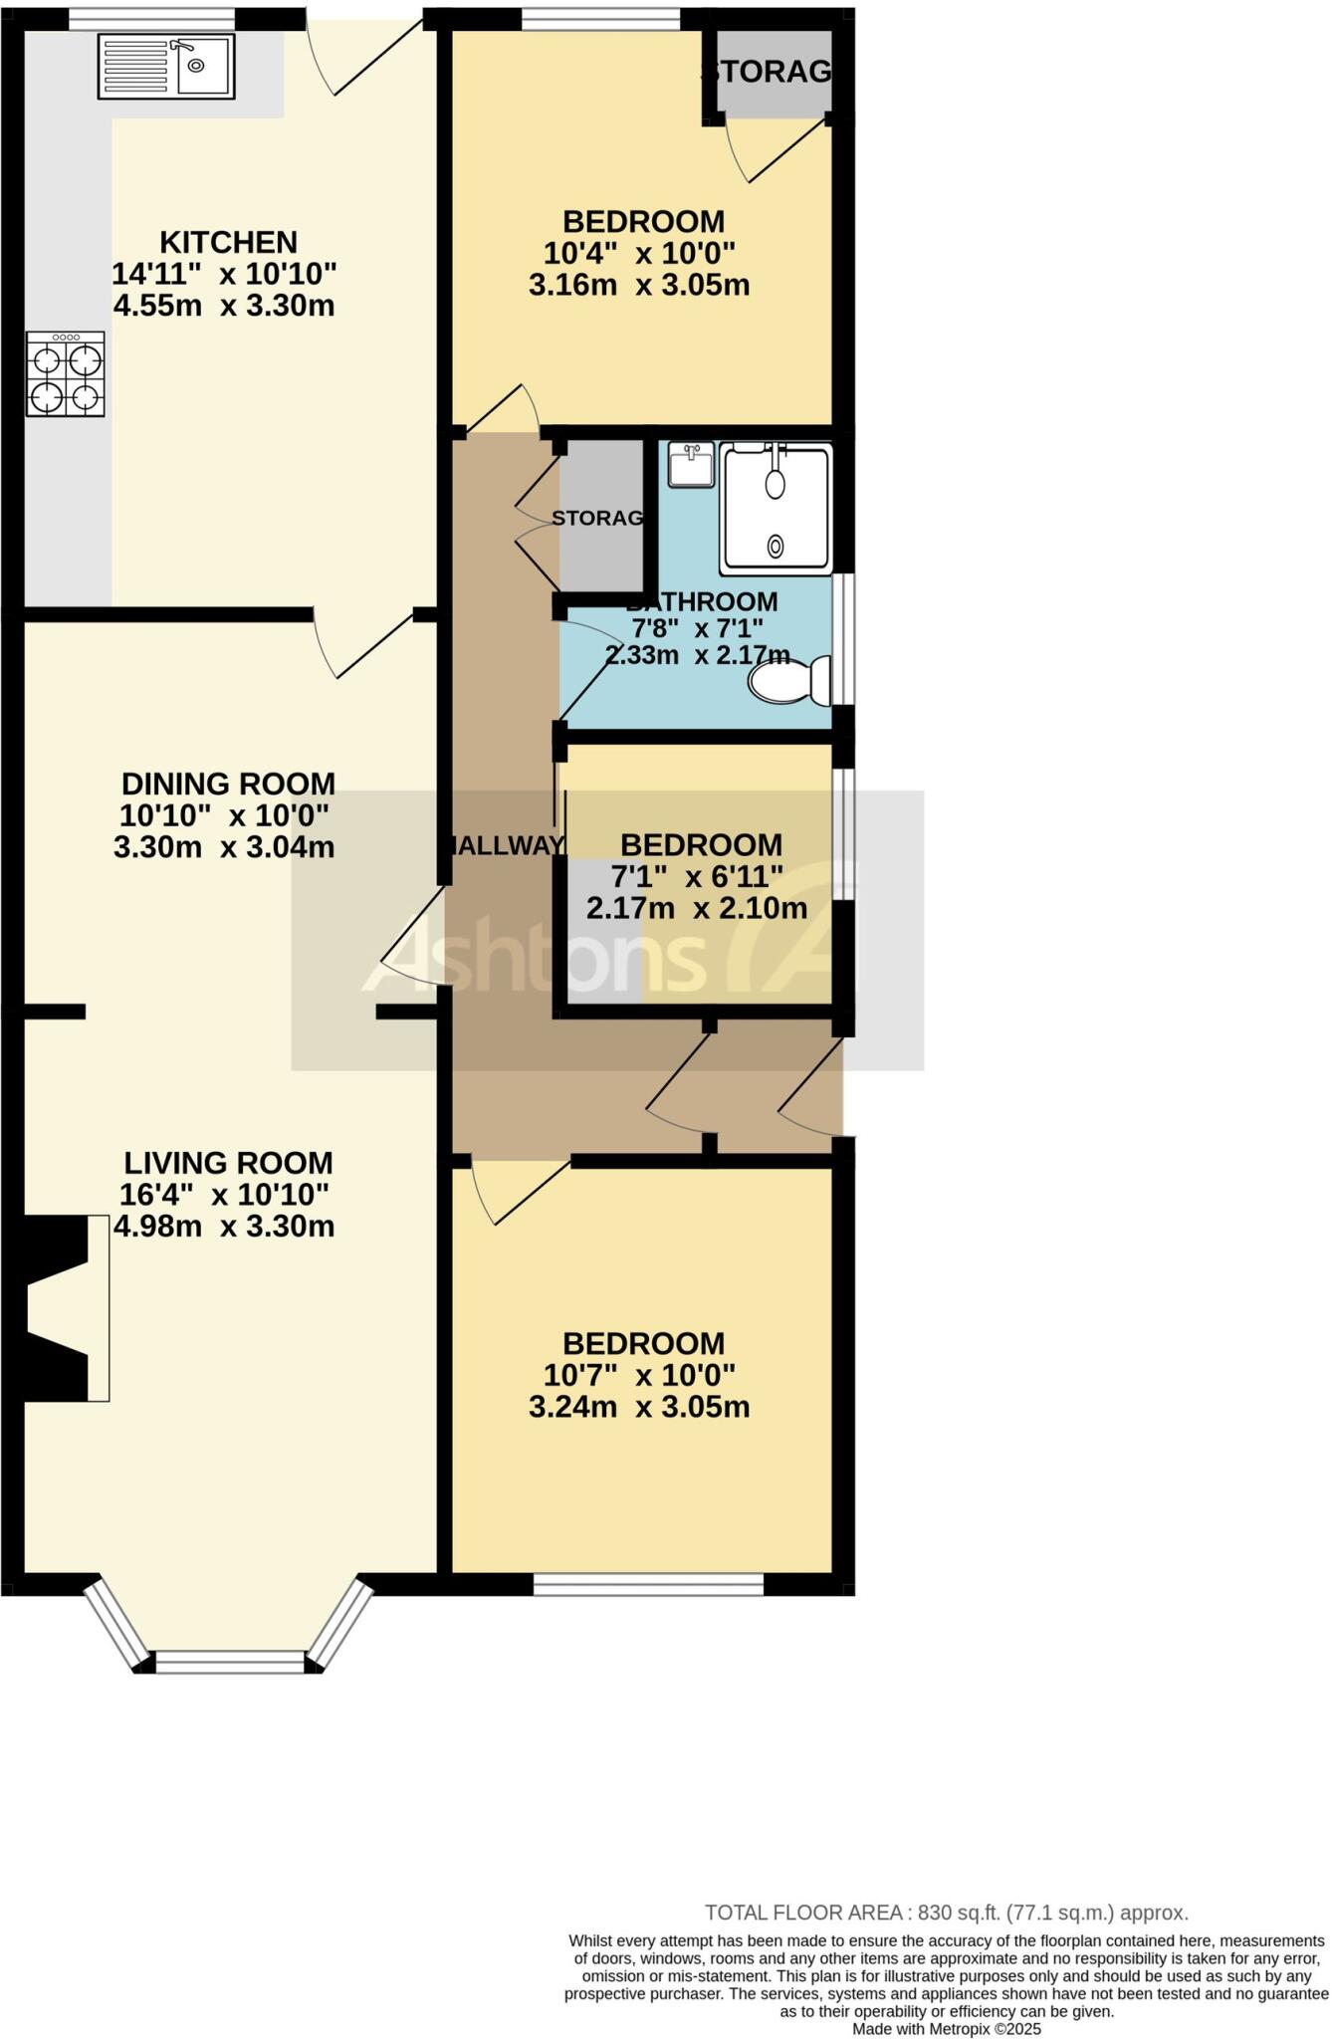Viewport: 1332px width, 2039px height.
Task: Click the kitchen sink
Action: tap(166, 67)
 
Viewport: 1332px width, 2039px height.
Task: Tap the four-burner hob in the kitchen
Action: tap(66, 374)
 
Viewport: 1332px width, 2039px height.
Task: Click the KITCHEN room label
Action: tap(228, 242)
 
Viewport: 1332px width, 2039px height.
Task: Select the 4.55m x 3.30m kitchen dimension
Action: tap(224, 305)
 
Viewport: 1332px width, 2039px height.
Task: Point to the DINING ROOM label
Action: tap(228, 784)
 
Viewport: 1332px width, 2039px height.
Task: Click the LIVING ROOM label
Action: tap(228, 1163)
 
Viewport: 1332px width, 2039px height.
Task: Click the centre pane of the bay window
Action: tap(230, 1662)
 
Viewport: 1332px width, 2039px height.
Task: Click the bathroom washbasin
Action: tap(691, 465)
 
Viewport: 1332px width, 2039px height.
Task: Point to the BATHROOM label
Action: tap(701, 601)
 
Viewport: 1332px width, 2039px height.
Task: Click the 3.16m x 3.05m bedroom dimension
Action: tap(638, 286)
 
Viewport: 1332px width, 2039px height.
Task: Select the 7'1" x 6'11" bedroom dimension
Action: tap(697, 877)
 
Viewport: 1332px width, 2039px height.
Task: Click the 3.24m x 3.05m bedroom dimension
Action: tap(638, 1407)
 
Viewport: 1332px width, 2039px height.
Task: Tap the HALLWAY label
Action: tap(505, 846)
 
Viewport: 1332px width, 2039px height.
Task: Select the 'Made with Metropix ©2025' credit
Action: tap(946, 2029)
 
